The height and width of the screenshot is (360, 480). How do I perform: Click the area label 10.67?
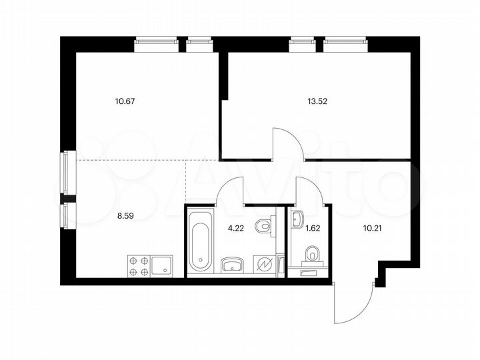point(125,101)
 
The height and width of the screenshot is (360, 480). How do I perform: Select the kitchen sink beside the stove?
point(162,266)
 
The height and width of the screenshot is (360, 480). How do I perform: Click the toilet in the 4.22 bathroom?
point(267,225)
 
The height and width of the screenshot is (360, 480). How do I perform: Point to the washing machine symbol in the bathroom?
point(265,265)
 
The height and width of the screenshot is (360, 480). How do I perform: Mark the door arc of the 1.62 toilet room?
point(309,190)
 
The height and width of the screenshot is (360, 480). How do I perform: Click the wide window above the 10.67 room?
point(158,44)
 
